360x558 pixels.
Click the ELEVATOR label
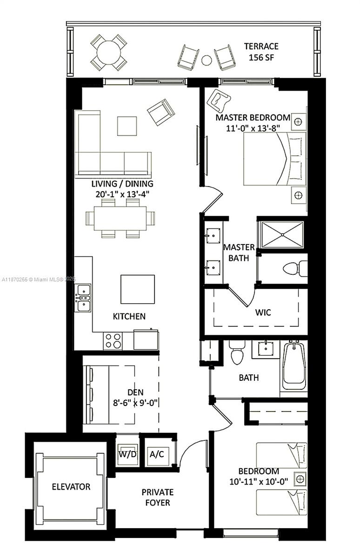[x=71, y=487]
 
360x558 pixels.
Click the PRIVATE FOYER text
[x=158, y=497]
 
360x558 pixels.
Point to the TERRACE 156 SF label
[x=261, y=51]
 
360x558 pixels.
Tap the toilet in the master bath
[x=295, y=269]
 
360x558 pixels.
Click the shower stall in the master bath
[x=282, y=234]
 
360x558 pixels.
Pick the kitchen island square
[x=137, y=289]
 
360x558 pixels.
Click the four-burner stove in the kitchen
[x=113, y=340]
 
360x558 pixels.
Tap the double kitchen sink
[x=83, y=298]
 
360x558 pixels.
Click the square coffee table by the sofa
[x=127, y=126]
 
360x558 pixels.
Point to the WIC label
[x=263, y=312]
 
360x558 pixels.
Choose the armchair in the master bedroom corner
[x=220, y=100]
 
